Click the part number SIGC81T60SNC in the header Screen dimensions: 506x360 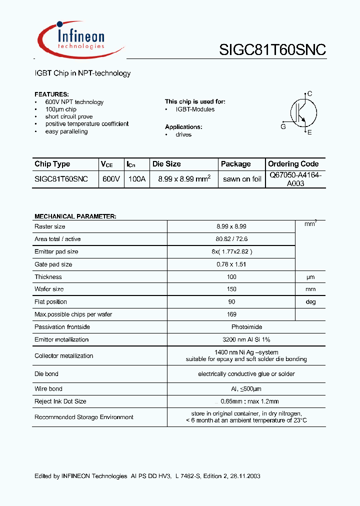coord(272,50)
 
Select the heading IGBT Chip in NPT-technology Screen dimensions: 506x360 coord(82,73)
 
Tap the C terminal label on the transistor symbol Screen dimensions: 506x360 coord(310,93)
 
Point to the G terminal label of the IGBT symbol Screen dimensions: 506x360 coord(283,127)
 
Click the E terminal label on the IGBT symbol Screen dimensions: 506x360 coord(310,132)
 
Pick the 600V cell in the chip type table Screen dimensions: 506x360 coord(111,179)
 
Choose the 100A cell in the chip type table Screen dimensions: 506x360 coord(136,179)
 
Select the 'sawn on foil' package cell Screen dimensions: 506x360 coord(242,179)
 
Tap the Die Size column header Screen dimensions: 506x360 coord(166,164)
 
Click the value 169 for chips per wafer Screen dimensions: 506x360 coord(231,314)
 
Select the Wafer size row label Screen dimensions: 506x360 coord(49,289)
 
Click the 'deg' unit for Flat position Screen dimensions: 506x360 coord(310,302)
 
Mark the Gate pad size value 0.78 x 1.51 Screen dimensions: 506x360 coord(231,264)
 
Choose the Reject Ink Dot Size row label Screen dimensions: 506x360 coord(60,401)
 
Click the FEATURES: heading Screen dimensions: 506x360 coord(51,94)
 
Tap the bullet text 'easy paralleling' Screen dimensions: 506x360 coord(66,131)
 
